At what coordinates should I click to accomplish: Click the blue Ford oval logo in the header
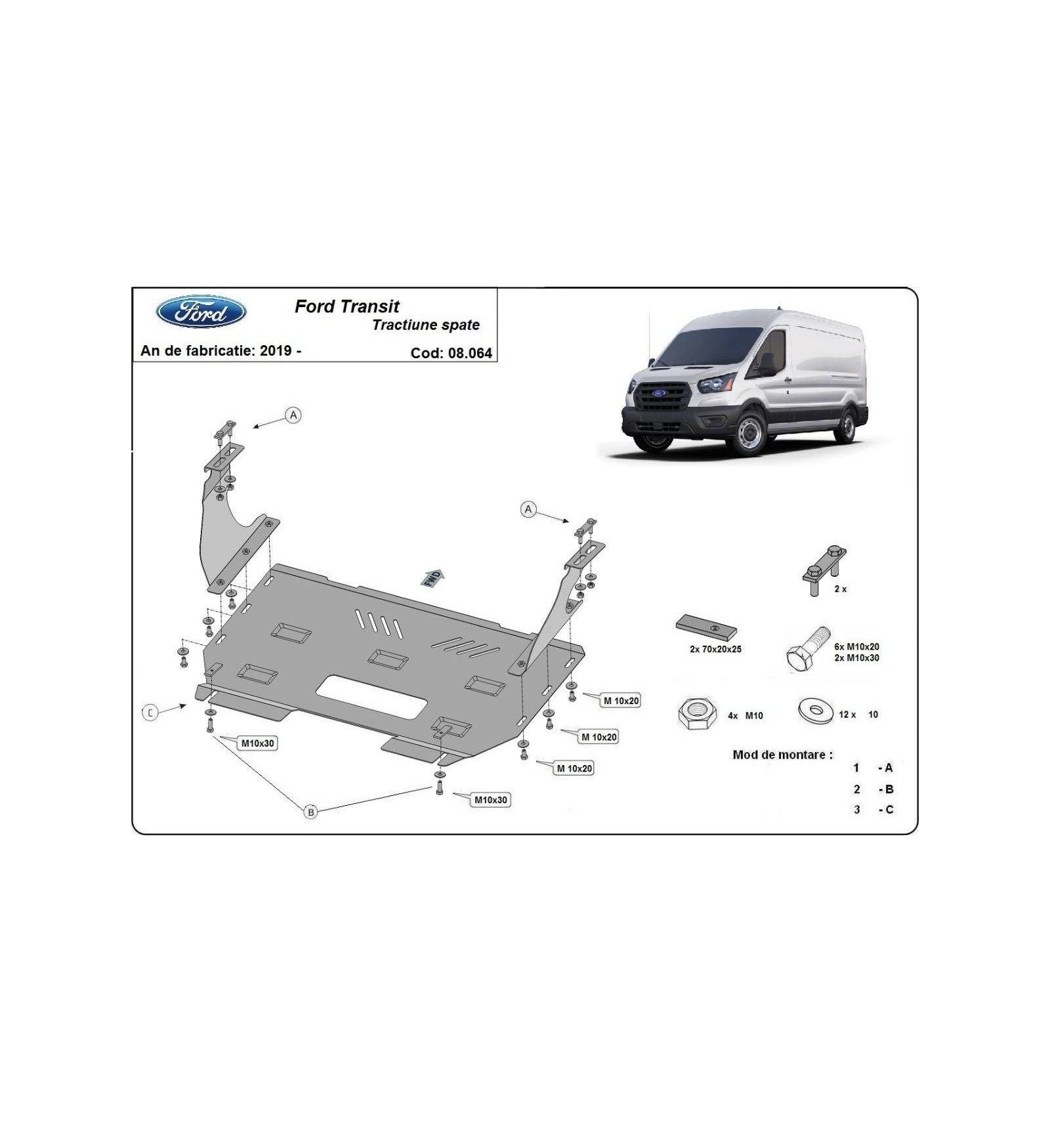201,312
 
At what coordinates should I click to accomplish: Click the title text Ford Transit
346,306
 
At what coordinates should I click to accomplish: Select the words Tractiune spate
426,325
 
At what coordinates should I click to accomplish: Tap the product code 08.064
470,353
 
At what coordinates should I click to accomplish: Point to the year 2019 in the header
276,350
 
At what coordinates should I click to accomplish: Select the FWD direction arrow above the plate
432,577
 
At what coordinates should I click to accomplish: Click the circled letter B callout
310,812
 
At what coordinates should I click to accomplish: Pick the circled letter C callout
150,712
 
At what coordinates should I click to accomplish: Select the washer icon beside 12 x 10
816,711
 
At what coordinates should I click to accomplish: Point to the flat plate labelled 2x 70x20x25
705,627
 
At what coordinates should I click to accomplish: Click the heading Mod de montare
782,755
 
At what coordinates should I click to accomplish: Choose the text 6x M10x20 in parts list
856,647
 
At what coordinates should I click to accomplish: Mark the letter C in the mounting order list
889,810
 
